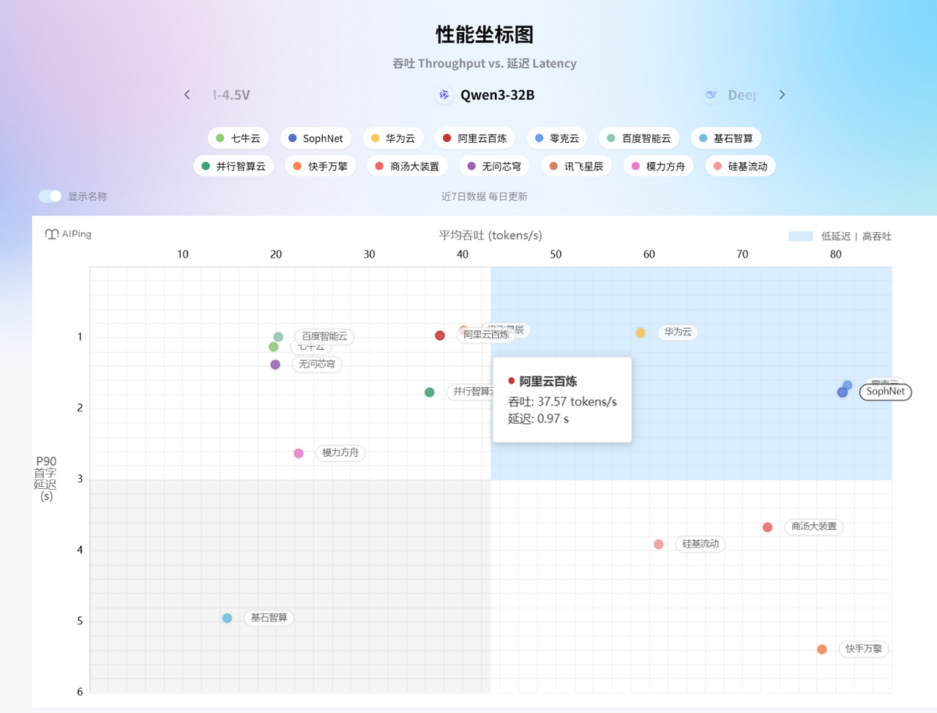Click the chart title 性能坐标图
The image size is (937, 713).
coord(485,34)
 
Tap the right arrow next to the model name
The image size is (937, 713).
coord(782,94)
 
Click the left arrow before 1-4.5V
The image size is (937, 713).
coord(187,94)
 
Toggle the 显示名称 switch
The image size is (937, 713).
coord(51,196)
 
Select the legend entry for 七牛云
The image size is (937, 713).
coord(239,138)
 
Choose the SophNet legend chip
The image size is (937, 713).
coord(316,138)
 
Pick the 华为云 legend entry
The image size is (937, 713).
coord(393,138)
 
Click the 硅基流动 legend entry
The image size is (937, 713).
coord(740,166)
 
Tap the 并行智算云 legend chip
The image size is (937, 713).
coord(234,166)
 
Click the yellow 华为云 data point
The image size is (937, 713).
coord(641,332)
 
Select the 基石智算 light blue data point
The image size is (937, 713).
coord(227,618)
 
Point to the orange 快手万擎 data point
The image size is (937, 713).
coord(822,649)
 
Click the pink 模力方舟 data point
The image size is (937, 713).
coord(299,453)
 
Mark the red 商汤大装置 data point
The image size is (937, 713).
coord(767,527)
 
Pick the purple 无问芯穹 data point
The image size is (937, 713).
coord(275,365)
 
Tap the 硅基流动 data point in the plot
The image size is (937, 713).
coord(659,544)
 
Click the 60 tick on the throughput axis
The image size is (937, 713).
coord(649,254)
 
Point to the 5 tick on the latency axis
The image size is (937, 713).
coord(80,621)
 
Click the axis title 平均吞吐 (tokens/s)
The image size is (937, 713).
coord(490,235)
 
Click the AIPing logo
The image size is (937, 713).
coord(68,234)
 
